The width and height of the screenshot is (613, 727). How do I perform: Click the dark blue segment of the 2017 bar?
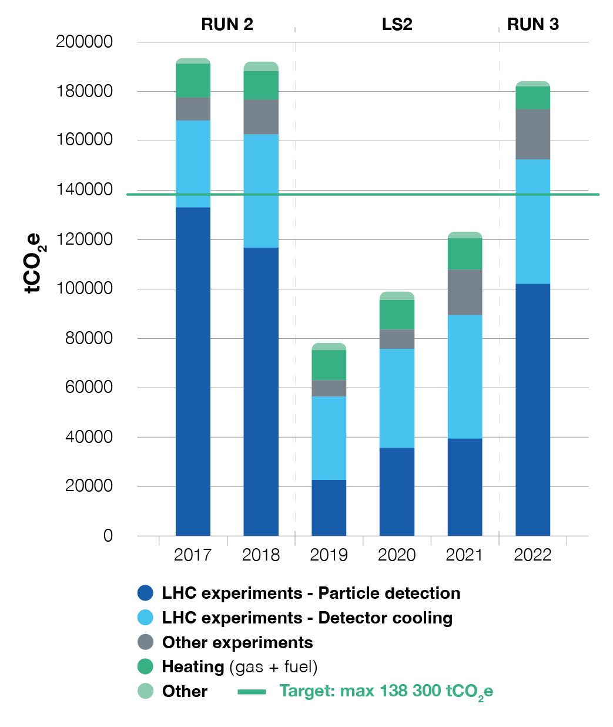click(x=193, y=371)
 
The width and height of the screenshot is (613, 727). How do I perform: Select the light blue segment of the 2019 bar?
click(x=329, y=438)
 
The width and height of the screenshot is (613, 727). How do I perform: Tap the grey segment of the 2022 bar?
click(x=532, y=134)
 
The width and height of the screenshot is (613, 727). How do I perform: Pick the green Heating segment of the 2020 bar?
click(x=397, y=314)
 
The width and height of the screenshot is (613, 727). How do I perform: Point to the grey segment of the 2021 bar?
click(x=464, y=292)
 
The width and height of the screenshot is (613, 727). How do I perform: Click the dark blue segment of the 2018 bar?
click(x=261, y=391)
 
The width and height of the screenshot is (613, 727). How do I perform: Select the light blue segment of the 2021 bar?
click(x=464, y=376)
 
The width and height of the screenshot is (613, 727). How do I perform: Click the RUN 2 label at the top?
click(x=227, y=24)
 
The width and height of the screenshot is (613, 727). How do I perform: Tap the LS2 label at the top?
click(x=397, y=24)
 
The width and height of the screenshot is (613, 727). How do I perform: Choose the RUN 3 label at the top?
click(x=532, y=24)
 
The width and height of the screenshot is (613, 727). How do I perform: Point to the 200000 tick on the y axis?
click(x=84, y=42)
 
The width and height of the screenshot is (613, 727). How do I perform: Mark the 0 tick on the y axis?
click(x=108, y=536)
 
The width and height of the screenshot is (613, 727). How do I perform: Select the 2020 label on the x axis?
click(x=397, y=555)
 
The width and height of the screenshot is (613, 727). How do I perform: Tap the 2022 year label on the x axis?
click(x=532, y=555)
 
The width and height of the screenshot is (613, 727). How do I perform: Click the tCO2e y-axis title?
click(x=34, y=263)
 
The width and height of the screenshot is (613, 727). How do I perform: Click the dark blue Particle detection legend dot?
click(x=145, y=593)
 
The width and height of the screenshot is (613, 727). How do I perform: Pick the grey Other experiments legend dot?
click(x=145, y=642)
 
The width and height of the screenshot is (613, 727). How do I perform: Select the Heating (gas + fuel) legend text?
click(x=240, y=667)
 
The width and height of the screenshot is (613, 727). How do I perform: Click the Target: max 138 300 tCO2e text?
click(x=386, y=691)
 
